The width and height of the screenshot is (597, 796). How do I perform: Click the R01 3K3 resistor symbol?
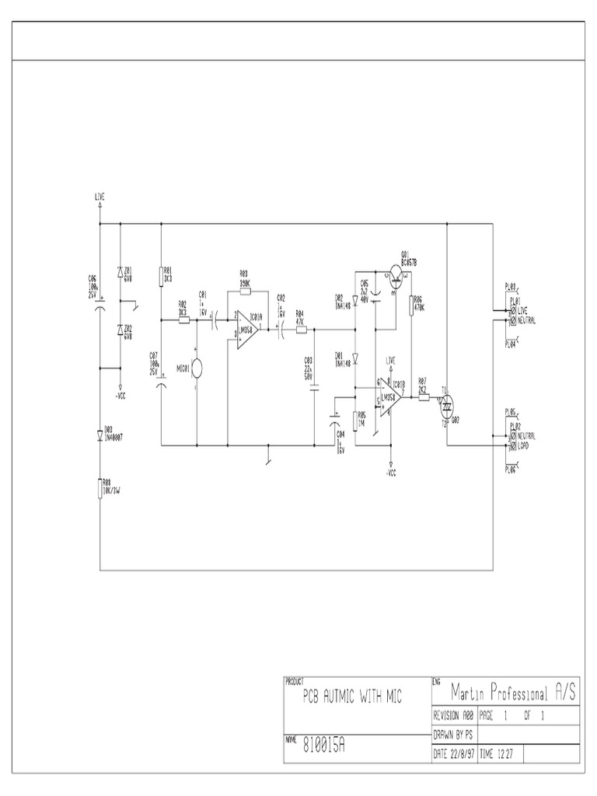161,275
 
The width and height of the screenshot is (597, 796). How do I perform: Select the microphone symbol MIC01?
197,367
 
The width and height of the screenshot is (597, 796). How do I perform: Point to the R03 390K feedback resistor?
245,292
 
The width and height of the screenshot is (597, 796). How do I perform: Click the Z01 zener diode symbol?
120,272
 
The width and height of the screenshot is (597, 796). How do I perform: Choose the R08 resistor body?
100,488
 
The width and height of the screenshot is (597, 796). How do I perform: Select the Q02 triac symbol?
448,403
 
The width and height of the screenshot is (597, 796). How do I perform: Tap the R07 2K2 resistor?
424,396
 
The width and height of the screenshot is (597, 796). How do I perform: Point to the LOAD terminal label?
526,446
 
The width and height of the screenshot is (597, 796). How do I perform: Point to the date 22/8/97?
455,753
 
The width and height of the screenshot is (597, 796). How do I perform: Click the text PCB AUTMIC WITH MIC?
353,698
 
